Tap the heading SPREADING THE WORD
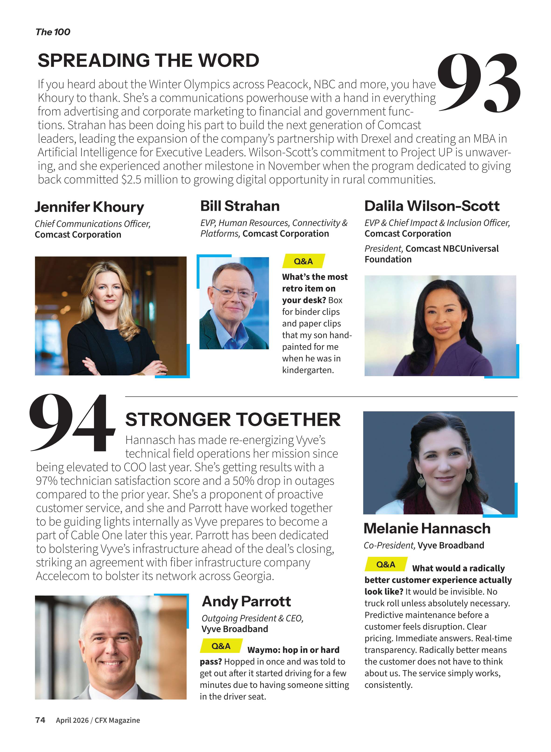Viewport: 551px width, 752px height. click(148, 61)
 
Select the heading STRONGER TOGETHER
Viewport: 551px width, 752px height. click(233, 419)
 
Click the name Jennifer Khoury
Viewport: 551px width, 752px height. click(89, 207)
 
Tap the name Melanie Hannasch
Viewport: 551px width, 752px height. click(427, 529)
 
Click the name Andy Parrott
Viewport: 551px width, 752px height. click(246, 602)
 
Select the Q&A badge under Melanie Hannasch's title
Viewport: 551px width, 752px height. click(386, 564)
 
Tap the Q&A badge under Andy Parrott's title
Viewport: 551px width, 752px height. click(221, 646)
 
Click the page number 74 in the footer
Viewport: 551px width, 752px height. click(40, 720)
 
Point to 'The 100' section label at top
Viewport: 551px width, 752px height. click(53, 32)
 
